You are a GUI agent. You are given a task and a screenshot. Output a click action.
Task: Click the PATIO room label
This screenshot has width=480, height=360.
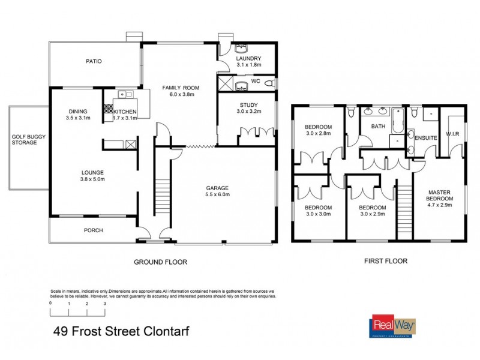click(93, 61)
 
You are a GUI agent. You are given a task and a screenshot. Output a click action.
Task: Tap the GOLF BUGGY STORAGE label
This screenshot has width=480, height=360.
click(28, 140)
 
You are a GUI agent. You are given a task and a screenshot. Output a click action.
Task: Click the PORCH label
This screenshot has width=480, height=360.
click(93, 230)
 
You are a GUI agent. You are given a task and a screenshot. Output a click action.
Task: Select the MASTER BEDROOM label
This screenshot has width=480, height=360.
click(438, 195)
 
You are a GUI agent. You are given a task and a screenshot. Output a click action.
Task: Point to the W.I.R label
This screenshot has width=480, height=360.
click(452, 134)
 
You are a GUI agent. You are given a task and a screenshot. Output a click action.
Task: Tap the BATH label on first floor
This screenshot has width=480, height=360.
click(378, 127)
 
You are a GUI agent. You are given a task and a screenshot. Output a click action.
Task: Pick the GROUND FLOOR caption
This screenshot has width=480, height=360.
click(160, 262)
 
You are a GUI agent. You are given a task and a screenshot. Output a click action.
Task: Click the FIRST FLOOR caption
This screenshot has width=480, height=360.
click(385, 261)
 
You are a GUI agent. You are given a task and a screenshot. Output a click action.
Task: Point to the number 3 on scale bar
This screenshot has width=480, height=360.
click(105, 305)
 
